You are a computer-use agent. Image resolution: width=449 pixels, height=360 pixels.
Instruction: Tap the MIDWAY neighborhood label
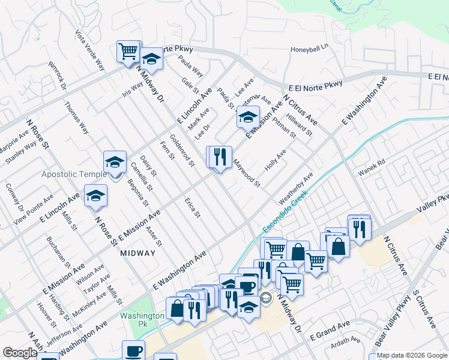tap(137, 253)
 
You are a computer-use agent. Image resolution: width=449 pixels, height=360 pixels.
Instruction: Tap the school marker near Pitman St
tap(247, 117)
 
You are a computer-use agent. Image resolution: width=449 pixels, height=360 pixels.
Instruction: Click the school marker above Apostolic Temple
tap(115, 162)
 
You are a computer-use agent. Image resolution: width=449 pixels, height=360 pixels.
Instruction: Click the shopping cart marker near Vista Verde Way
tap(128, 52)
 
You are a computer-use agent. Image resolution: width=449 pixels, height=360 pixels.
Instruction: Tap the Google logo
tap(20, 353)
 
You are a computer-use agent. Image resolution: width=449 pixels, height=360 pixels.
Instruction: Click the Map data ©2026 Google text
tap(411, 355)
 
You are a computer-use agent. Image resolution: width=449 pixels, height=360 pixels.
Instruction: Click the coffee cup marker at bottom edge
tap(133, 350)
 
